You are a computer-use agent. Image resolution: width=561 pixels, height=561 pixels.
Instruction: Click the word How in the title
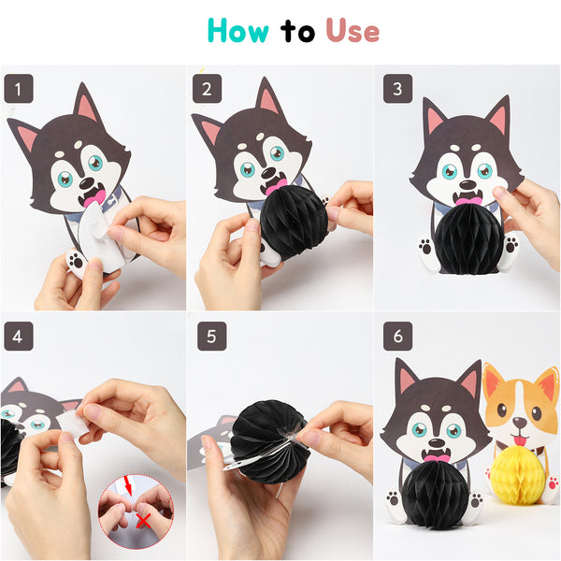(237, 31)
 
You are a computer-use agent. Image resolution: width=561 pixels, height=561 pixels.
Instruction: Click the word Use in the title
(352, 31)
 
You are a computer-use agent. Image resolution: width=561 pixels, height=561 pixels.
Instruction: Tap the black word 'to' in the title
(297, 32)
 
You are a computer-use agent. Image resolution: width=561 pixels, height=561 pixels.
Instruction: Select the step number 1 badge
(19, 89)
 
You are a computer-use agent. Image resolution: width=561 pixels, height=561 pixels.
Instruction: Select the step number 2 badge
(208, 89)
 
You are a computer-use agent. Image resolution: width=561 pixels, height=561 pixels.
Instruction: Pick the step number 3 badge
(398, 89)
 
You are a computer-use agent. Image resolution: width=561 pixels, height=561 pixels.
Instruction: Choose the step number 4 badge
(19, 337)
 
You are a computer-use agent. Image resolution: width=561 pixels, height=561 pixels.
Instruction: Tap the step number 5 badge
(212, 337)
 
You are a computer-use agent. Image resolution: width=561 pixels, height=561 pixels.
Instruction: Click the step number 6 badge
(398, 337)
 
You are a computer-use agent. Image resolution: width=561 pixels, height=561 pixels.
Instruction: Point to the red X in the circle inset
(143, 521)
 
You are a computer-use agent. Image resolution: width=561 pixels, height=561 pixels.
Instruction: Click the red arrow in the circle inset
(127, 486)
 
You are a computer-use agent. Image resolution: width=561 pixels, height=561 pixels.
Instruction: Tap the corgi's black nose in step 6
(520, 424)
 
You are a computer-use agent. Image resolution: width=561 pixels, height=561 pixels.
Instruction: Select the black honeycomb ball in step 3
(468, 239)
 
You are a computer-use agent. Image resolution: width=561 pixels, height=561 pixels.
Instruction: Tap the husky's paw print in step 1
(76, 261)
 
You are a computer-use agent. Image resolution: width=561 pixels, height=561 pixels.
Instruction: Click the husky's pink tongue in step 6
(436, 458)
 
